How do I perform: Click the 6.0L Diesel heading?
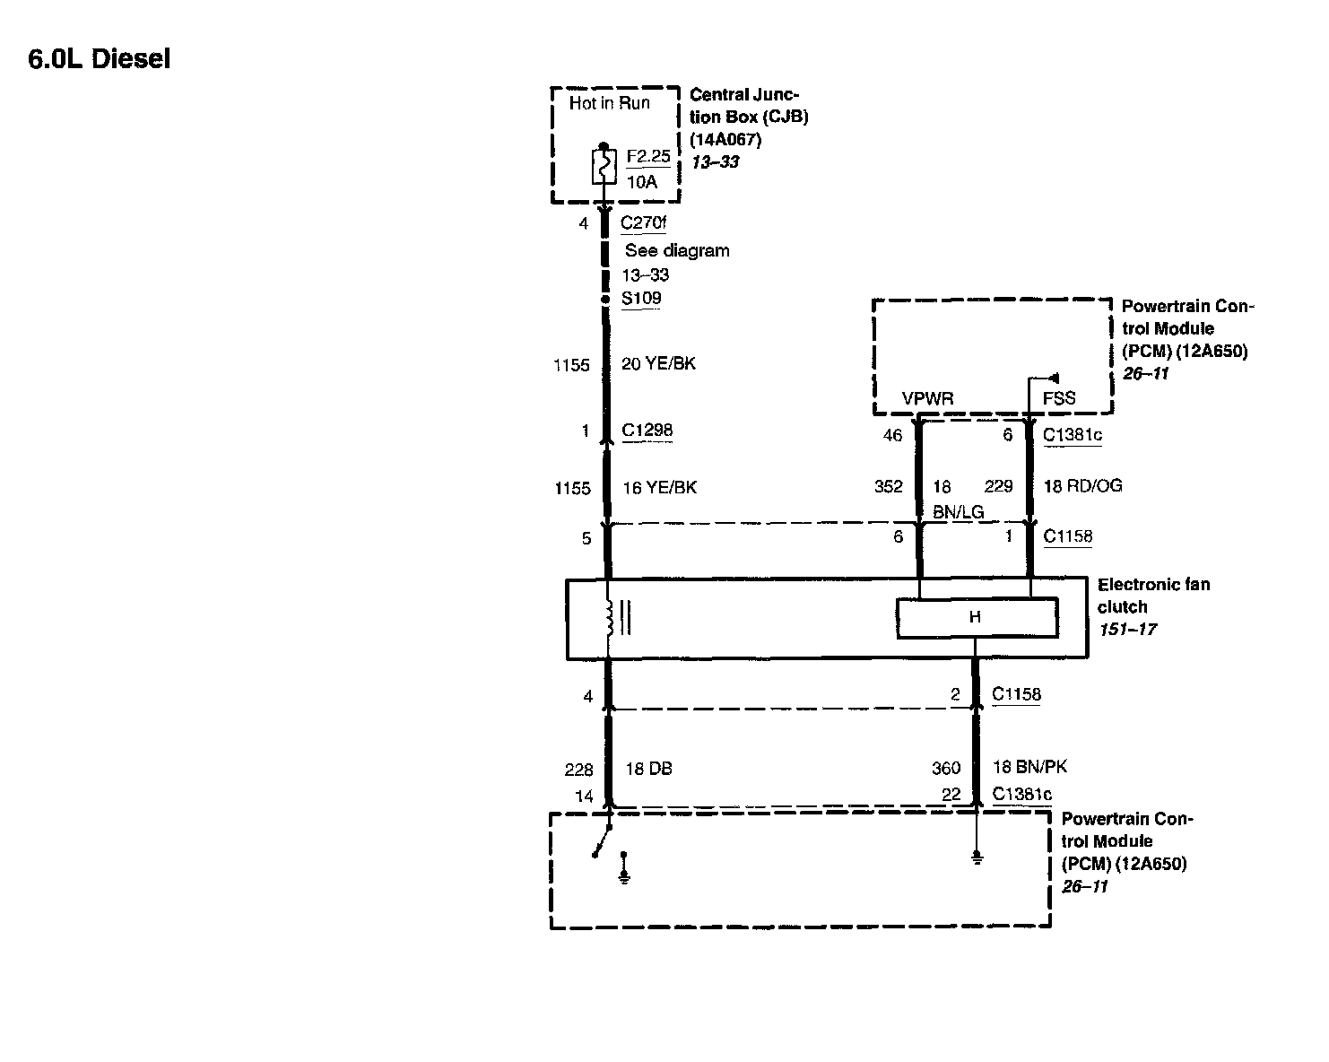pos(100,59)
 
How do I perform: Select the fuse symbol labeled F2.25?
pos(603,167)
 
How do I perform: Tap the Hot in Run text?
pos(609,103)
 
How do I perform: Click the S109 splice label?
pos(641,299)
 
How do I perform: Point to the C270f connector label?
pos(644,223)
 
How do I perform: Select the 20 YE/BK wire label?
pos(658,364)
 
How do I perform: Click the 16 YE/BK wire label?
pos(659,488)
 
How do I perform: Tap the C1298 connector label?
pos(647,431)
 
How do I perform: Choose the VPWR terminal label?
pos(927,398)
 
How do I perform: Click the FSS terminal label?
pos(1059,398)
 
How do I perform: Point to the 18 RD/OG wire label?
pos(1082,486)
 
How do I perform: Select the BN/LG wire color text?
pos(958,511)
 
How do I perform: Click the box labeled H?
pos(977,618)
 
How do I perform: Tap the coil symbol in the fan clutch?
pos(611,618)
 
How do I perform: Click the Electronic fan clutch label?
pos(1153,596)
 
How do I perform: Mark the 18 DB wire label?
pos(648,769)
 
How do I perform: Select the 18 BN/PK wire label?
pos(1029,767)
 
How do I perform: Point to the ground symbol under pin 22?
pos(977,858)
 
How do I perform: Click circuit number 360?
pos(945,768)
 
